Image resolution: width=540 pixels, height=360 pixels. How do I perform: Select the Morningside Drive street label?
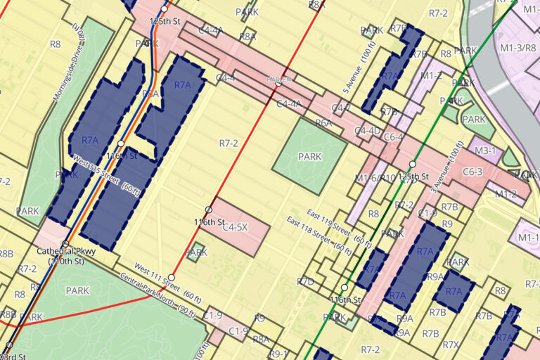(68, 62)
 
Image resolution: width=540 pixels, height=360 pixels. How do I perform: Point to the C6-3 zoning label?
(472, 172)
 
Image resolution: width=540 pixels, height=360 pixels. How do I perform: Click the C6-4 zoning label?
(394, 137)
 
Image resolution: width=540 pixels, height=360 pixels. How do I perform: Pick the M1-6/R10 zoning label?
(375, 179)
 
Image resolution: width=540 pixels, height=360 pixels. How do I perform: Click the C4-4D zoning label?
(367, 130)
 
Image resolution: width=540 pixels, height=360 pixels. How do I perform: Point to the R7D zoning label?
(305, 281)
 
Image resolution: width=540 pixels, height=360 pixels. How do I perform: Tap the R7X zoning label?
(451, 345)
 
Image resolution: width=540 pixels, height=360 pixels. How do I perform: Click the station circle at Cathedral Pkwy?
(65, 244)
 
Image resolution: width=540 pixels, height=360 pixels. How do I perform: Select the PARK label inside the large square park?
(309, 156)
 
